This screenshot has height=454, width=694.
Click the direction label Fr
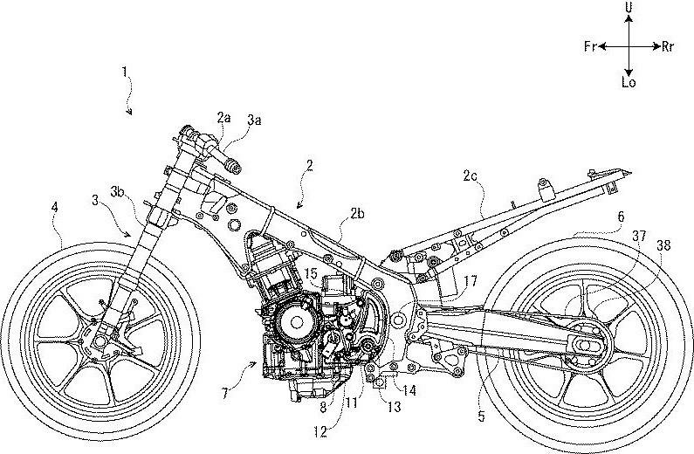click(x=589, y=46)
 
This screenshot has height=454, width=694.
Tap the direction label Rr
click(x=668, y=46)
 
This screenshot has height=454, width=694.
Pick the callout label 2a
click(x=224, y=116)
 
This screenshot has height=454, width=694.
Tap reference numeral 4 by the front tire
click(x=55, y=209)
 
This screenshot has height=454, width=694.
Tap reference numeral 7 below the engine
click(x=225, y=395)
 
